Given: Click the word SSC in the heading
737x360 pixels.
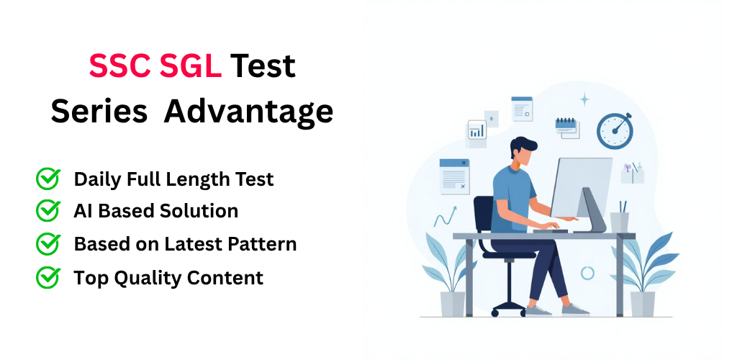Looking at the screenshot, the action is pyautogui.click(x=120, y=66).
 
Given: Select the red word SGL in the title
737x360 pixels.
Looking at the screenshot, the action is pyautogui.click(x=191, y=66).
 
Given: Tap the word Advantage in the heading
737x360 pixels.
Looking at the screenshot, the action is pyautogui.click(x=248, y=113).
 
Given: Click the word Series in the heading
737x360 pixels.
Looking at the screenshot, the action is pyautogui.click(x=99, y=112).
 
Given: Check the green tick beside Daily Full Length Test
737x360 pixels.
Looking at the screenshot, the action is pyautogui.click(x=48, y=179).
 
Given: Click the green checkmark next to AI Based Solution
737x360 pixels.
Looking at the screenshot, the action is pyautogui.click(x=48, y=210).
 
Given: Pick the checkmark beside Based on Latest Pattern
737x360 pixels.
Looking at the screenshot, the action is pyautogui.click(x=48, y=243).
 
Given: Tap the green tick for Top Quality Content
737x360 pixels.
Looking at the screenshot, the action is pyautogui.click(x=48, y=277).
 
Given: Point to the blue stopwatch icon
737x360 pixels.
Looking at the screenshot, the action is pyautogui.click(x=615, y=130).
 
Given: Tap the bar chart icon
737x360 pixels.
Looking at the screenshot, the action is pyautogui.click(x=477, y=130).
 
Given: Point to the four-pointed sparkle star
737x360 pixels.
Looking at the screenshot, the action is pyautogui.click(x=584, y=99).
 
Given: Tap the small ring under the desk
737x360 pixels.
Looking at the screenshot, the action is pyautogui.click(x=587, y=273).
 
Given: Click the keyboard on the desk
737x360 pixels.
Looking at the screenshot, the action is pyautogui.click(x=551, y=230).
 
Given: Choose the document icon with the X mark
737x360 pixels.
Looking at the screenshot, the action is pyautogui.click(x=454, y=176).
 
